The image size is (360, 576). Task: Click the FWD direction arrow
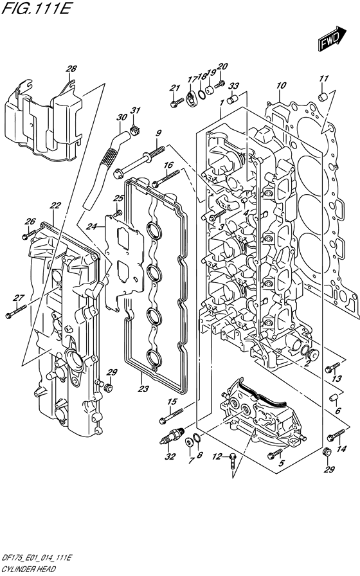(x=332, y=38)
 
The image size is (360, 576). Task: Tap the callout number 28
(x=71, y=69)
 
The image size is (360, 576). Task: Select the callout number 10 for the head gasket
(x=281, y=86)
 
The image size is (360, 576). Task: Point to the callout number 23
(x=143, y=389)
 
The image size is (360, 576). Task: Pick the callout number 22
(x=55, y=206)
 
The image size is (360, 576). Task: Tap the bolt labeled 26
(x=29, y=234)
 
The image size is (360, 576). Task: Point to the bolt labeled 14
(x=336, y=435)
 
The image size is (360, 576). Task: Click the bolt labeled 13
(x=333, y=367)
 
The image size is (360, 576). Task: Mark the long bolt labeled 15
(x=171, y=416)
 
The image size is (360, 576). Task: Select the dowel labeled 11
(x=323, y=96)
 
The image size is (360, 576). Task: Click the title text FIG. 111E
(x=35, y=7)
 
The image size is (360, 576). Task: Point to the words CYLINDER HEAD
(x=28, y=570)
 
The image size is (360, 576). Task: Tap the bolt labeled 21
(x=177, y=102)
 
